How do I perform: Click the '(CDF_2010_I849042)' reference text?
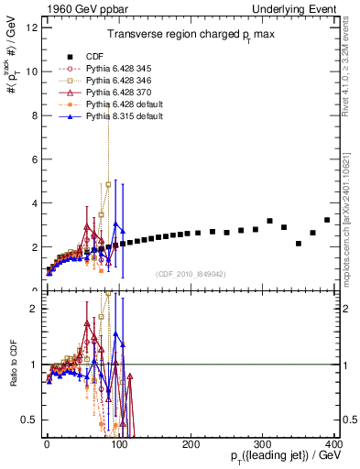click(191, 274)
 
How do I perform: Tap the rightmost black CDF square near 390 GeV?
click(327, 220)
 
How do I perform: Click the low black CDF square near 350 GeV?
click(299, 244)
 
